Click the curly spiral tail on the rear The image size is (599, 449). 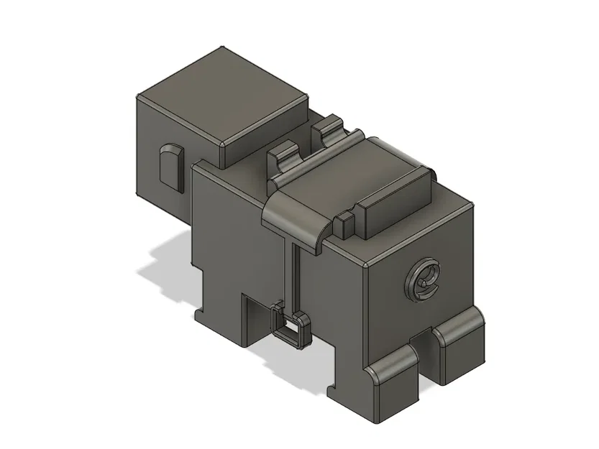click(x=424, y=280)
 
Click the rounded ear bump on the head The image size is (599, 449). click(x=170, y=166)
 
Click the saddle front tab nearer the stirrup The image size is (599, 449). click(x=283, y=157)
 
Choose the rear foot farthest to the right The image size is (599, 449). click(x=460, y=345)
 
